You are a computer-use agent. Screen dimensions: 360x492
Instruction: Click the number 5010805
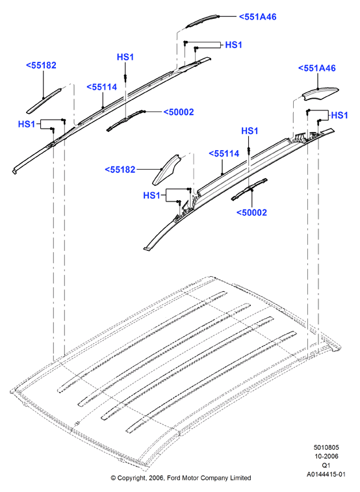click(326, 447)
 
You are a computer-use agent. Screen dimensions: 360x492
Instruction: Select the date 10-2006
click(326, 456)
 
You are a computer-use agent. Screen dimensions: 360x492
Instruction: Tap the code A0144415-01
click(326, 474)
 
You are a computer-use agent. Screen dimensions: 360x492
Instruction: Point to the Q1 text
click(326, 465)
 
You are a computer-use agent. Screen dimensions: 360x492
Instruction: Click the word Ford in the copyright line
click(174, 478)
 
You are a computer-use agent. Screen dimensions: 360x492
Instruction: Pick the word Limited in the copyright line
click(240, 478)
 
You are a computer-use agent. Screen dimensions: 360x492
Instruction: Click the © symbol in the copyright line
click(113, 478)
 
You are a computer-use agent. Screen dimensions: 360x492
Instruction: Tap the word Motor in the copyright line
click(190, 478)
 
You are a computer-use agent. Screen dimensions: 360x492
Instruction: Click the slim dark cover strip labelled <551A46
click(202, 20)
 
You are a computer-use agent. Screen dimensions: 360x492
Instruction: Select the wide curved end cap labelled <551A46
click(320, 94)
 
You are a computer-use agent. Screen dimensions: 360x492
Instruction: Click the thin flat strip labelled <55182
click(44, 101)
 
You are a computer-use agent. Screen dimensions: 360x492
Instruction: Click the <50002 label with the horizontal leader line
click(179, 112)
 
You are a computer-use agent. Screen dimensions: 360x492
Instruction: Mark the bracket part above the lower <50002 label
click(250, 190)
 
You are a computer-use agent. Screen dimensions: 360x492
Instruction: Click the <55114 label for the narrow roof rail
click(102, 87)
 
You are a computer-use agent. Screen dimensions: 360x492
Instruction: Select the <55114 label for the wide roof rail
click(224, 153)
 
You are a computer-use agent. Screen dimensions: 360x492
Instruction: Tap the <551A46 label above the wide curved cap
click(316, 68)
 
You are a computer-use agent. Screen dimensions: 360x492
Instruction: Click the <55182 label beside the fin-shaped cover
click(120, 170)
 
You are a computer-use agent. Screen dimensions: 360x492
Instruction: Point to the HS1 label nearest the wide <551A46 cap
click(340, 115)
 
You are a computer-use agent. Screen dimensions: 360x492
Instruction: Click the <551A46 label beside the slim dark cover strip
click(258, 17)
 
